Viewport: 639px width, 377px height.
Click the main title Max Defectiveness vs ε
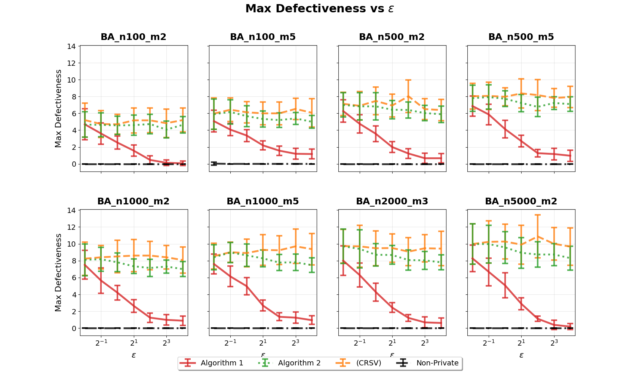320,9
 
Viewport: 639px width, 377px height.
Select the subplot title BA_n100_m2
133,37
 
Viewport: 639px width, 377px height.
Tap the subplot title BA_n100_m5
263,37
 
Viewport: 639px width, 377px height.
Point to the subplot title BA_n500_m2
392,37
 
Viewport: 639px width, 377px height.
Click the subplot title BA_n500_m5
521,37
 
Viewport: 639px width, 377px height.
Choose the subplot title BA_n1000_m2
133,201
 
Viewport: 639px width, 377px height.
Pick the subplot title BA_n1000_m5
263,201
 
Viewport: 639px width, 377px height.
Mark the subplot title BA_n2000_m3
392,201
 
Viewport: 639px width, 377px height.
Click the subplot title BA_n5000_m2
521,201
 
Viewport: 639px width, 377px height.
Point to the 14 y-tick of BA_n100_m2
71,46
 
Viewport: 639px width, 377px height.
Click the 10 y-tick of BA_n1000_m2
71,244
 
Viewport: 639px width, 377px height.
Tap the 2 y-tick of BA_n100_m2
73,147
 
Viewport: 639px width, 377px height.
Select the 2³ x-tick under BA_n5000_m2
554,342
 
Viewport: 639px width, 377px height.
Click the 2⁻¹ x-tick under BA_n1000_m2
101,342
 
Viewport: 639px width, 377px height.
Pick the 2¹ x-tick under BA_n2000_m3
392,342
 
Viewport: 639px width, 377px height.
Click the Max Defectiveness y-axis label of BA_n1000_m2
58,272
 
